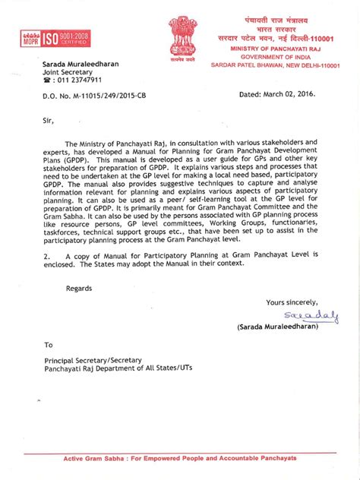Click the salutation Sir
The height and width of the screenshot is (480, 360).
pyautogui.click(x=49, y=118)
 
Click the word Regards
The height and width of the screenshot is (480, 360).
pyautogui.click(x=80, y=289)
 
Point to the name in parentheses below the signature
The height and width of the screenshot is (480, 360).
pyautogui.click(x=288, y=328)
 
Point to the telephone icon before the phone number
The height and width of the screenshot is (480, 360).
pyautogui.click(x=46, y=80)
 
